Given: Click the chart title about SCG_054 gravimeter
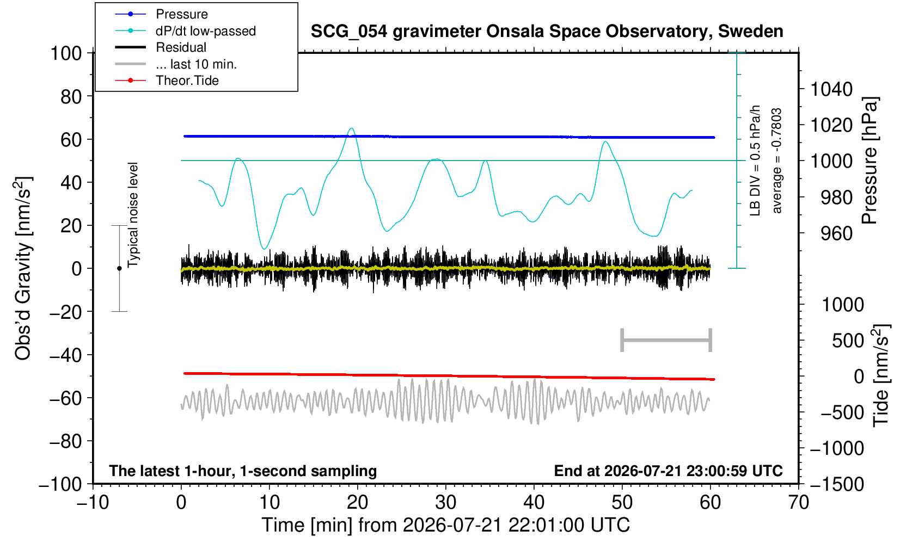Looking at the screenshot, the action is [547, 32].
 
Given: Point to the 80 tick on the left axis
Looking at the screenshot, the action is [71, 97].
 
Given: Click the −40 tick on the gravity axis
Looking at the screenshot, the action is [65, 355].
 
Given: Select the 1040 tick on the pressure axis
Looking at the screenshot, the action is [831, 89].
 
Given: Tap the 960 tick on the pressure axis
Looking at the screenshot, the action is [836, 233].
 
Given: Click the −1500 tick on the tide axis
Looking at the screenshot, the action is [836, 484].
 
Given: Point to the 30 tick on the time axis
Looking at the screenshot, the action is [446, 502].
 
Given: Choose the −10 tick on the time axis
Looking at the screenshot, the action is [93, 502].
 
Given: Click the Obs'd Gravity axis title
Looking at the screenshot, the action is [23, 269].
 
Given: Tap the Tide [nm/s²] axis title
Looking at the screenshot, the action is [881, 376].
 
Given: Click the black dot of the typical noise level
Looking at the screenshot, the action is [119, 268].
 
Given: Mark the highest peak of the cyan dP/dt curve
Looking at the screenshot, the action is [352, 128].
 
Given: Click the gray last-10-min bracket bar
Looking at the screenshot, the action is [666, 340].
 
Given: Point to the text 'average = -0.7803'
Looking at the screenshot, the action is [777, 161].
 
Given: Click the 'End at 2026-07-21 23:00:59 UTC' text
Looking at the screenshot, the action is [668, 471].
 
